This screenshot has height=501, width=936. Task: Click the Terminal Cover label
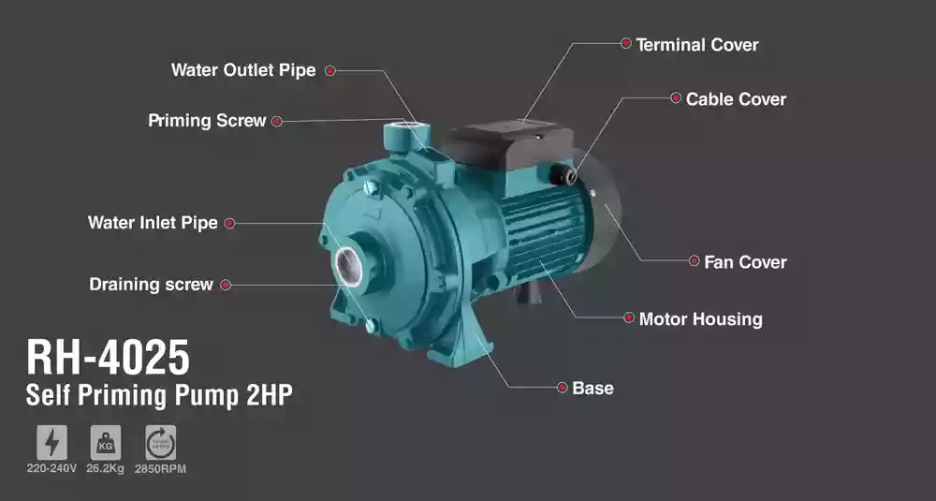point(696,45)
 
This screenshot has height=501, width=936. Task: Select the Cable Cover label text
point(736,99)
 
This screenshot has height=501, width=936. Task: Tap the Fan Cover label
point(745,262)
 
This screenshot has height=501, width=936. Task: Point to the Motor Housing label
point(700,319)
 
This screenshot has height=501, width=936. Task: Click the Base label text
point(592,388)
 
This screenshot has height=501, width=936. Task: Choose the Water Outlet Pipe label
point(243,70)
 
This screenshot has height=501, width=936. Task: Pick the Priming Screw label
point(207,121)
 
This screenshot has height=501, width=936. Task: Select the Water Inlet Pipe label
point(153,223)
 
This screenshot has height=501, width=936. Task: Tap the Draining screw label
point(151,285)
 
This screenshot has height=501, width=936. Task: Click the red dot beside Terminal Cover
point(625,43)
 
